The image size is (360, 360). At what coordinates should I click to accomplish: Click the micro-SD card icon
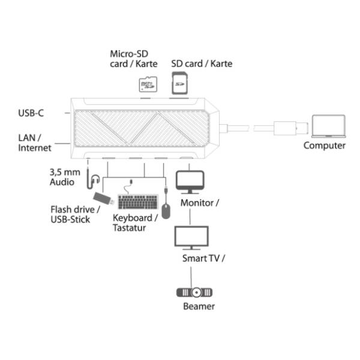[x=148, y=84]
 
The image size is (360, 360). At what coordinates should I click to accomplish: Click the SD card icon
[x=180, y=83]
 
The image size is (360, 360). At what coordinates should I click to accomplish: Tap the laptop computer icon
[x=328, y=126]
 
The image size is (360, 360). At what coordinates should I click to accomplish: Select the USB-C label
[x=31, y=113]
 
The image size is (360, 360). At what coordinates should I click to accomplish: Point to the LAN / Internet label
[x=35, y=143]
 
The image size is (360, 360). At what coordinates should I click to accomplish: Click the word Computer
[x=324, y=146]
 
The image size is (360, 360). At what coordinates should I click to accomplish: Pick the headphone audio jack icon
[x=93, y=177]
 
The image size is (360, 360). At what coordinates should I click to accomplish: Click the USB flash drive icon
[x=103, y=199]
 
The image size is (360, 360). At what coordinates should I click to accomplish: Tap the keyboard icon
[x=138, y=202]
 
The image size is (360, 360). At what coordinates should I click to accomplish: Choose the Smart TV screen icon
[x=191, y=238]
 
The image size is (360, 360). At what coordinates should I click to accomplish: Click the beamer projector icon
[x=194, y=292]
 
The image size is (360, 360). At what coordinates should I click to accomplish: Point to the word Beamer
[x=199, y=306]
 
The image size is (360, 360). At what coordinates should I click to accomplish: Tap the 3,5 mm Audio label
[x=65, y=177]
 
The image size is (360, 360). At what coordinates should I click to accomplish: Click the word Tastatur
[x=129, y=228]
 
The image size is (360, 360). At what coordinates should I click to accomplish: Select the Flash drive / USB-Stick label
[x=76, y=214]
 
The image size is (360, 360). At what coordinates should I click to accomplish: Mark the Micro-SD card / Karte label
[x=134, y=59]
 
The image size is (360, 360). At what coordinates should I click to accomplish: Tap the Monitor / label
[x=200, y=203]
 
